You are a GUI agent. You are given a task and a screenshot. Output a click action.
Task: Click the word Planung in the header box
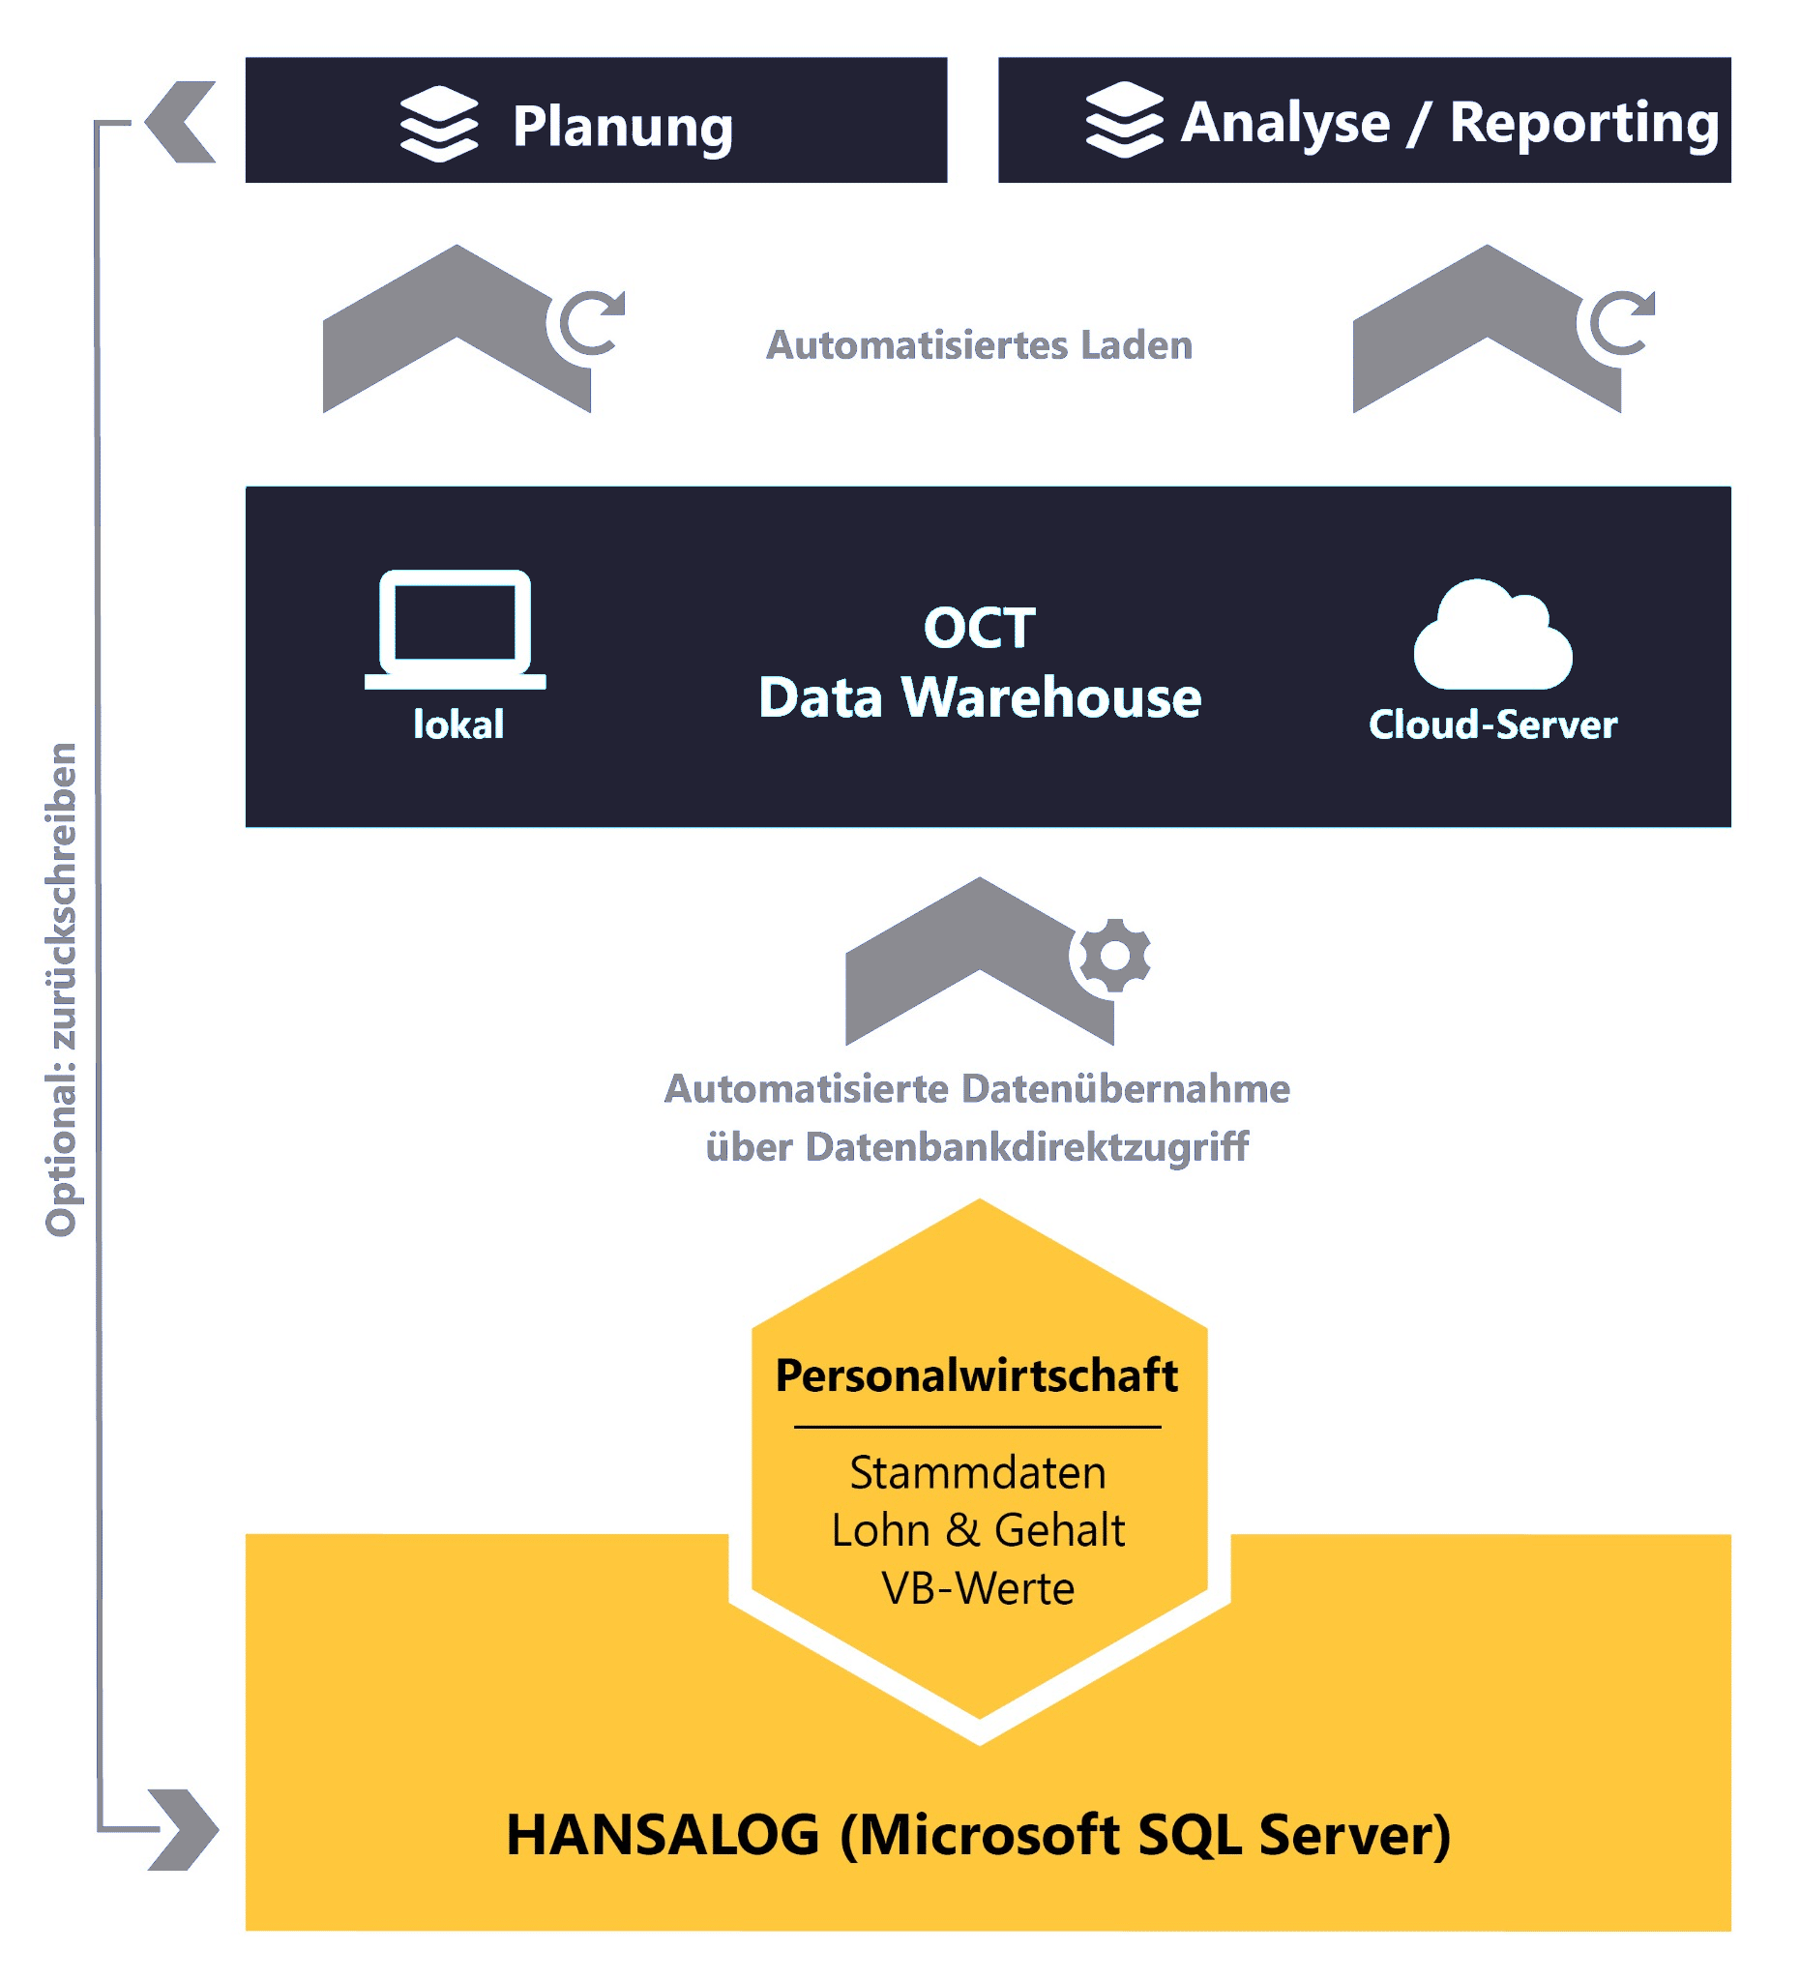(x=623, y=127)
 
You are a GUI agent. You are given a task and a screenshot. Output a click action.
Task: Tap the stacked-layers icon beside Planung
(x=439, y=124)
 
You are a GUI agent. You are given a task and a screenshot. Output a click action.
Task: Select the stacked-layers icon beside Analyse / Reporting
(x=1123, y=121)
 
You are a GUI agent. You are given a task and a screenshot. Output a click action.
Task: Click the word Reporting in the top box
(x=1583, y=123)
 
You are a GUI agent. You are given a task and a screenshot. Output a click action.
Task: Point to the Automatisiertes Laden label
(x=979, y=345)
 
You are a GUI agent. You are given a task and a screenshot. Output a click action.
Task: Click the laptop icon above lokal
(x=455, y=629)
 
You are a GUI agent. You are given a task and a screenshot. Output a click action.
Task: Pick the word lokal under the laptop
(x=457, y=724)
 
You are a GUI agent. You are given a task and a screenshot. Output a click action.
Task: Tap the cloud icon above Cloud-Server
(x=1491, y=636)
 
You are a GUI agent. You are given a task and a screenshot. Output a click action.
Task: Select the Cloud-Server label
(x=1491, y=724)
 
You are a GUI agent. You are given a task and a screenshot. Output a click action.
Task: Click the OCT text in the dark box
(x=979, y=628)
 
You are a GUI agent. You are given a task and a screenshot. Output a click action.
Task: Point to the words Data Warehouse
(x=979, y=697)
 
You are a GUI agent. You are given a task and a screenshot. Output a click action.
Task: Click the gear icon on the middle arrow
(x=1113, y=955)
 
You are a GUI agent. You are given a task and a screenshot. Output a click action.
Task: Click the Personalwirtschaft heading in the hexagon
(x=976, y=1376)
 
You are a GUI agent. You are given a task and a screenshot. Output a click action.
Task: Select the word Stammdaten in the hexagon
(x=977, y=1473)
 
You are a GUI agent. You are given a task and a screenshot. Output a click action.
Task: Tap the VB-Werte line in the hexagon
(x=978, y=1589)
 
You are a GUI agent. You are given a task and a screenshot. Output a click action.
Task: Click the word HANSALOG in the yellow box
(x=663, y=1835)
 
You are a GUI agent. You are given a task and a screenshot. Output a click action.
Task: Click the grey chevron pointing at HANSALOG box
(x=184, y=1830)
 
